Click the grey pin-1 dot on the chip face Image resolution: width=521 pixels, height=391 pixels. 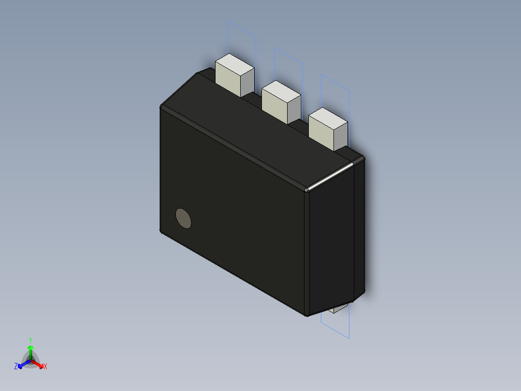[x=183, y=218]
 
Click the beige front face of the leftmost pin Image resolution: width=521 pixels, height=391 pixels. [x=227, y=79]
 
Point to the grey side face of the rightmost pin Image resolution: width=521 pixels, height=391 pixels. [x=341, y=137]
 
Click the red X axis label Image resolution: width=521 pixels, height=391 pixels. [x=45, y=367]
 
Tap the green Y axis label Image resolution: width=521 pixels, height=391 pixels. [x=30, y=341]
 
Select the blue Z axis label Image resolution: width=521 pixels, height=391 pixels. [x=16, y=366]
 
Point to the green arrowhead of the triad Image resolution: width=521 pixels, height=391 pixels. [x=30, y=348]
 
